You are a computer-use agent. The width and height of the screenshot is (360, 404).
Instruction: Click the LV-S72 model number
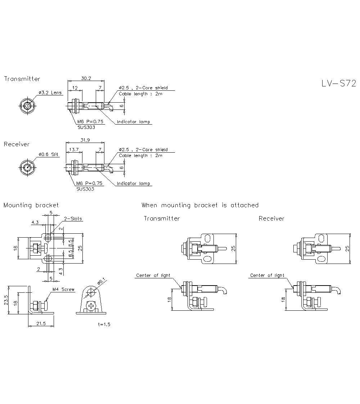(x=338, y=84)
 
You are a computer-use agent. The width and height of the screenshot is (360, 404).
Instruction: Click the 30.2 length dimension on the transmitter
(x=86, y=78)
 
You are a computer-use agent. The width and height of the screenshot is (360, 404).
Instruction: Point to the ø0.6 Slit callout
(x=49, y=154)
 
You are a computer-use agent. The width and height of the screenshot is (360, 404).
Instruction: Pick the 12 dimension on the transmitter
(x=75, y=87)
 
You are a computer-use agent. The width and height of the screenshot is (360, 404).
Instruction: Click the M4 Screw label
(x=63, y=289)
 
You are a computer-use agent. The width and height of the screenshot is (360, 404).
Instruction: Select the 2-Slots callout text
(x=73, y=219)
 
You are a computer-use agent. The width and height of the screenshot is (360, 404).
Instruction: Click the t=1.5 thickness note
(x=104, y=324)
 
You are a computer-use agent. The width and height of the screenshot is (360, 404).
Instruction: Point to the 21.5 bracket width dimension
(x=41, y=324)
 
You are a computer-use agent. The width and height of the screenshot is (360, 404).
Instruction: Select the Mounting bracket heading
(x=31, y=205)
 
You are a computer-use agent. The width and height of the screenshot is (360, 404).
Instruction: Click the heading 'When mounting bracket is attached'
(x=200, y=205)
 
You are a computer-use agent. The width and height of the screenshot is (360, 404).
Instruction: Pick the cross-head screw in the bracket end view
(x=91, y=307)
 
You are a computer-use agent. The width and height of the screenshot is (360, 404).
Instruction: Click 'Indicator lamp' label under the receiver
(x=133, y=184)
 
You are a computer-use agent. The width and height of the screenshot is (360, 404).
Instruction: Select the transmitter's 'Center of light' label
(x=153, y=275)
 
